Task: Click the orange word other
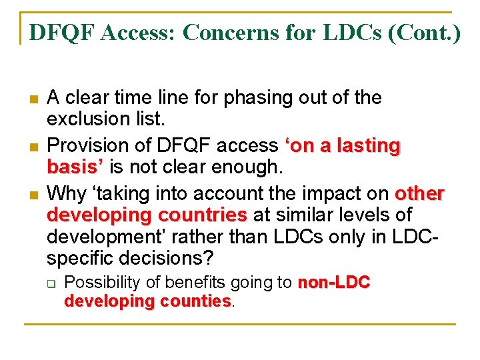[x=419, y=193]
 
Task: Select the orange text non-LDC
[x=333, y=283]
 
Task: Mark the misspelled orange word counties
[x=195, y=301]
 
